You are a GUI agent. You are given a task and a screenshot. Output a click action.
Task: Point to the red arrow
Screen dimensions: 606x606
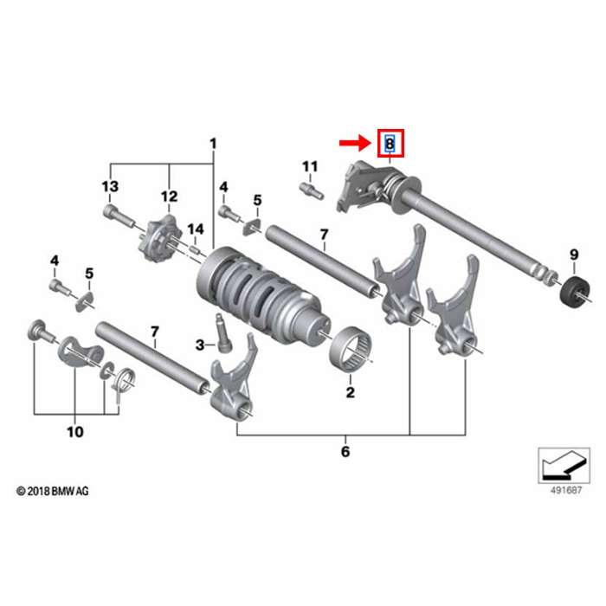tap(353, 142)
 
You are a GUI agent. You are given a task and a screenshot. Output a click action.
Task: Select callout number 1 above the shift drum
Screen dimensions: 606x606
tap(214, 143)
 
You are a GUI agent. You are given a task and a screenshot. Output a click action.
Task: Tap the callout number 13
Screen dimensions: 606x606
tap(109, 187)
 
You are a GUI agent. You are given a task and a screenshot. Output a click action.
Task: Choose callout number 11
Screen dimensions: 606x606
tap(310, 166)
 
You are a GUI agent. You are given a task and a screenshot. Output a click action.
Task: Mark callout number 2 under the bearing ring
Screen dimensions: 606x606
tap(351, 393)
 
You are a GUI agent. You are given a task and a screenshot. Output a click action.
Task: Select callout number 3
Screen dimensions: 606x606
tap(200, 345)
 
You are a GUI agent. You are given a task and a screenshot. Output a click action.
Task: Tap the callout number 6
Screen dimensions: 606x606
tap(345, 451)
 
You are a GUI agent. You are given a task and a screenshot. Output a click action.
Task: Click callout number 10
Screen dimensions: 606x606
tap(74, 430)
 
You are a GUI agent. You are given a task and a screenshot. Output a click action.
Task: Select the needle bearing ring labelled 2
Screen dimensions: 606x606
tap(354, 353)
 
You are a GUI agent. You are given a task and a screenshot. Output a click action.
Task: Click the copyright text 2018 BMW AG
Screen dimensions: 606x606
tap(53, 491)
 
